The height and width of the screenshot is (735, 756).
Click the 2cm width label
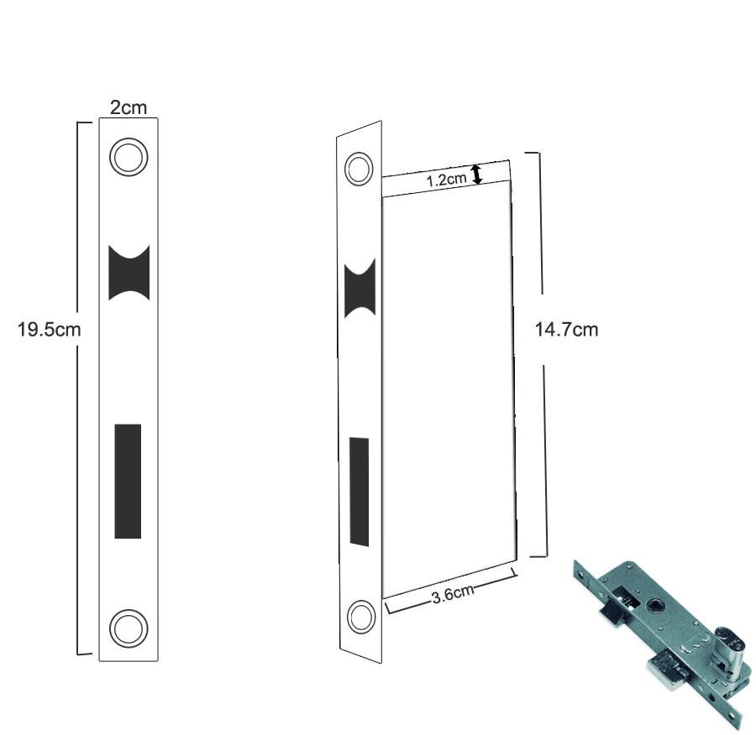point(129,107)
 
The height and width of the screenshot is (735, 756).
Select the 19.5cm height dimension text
point(50,330)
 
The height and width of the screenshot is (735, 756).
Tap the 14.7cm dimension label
point(566,330)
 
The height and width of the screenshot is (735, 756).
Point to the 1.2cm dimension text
point(447,180)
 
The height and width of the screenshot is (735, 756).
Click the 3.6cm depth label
point(453,593)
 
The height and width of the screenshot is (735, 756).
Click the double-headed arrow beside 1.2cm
point(476,175)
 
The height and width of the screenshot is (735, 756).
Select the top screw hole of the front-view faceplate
point(129,157)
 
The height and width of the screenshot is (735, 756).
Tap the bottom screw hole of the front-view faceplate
point(129,628)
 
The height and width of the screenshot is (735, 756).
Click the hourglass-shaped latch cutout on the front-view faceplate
point(129,273)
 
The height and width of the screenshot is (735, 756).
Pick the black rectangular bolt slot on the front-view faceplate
point(128,481)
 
